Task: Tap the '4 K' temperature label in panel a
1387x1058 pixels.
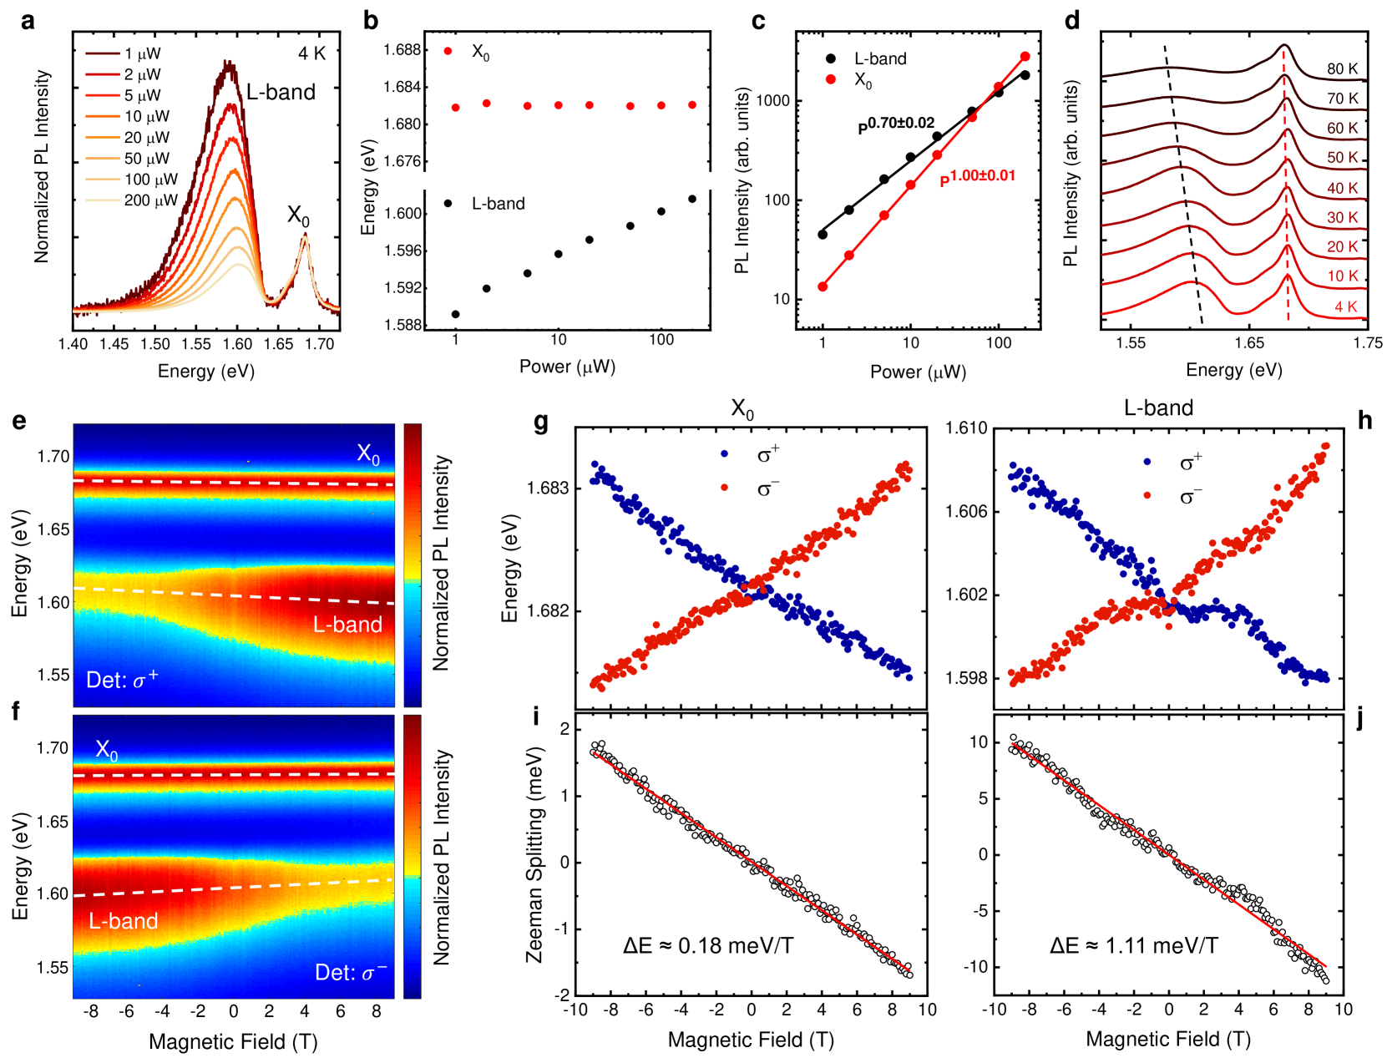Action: coord(311,53)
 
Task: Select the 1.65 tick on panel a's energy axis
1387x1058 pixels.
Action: coord(278,344)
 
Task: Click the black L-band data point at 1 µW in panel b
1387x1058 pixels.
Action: coord(455,315)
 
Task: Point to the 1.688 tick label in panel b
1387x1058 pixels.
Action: coord(402,50)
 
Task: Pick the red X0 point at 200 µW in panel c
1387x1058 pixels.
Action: coord(1025,57)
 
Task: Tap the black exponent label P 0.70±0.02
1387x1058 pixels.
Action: coord(896,125)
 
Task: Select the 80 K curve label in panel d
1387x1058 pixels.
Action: coord(1342,69)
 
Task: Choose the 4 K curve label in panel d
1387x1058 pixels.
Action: coord(1345,306)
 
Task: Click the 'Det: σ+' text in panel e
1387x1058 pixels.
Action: coord(122,680)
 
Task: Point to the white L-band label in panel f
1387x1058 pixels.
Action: coord(124,921)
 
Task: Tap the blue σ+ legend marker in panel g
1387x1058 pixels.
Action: coord(724,454)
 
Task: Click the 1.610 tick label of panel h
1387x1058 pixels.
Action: coord(966,428)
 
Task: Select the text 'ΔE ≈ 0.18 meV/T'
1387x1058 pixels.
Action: coord(708,946)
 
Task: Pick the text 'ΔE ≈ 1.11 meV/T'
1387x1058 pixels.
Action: coord(1134,946)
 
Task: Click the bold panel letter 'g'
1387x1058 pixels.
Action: coord(541,422)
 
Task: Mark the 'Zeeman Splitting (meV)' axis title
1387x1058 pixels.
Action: coord(534,854)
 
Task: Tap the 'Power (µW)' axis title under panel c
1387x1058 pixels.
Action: coord(918,372)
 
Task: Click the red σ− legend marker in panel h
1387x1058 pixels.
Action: coord(1147,496)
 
